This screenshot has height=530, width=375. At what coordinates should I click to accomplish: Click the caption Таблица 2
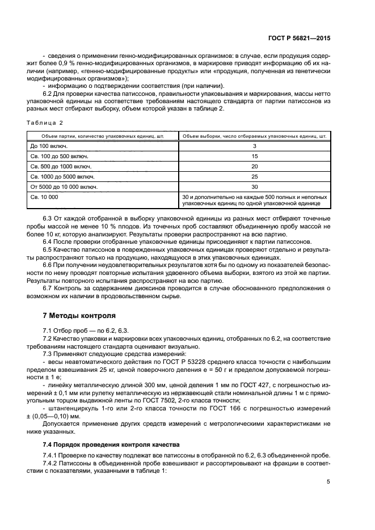tap(45, 122)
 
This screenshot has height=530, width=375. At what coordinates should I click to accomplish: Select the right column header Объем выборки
tap(254, 135)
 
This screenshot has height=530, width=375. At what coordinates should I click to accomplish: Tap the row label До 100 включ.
tap(47, 146)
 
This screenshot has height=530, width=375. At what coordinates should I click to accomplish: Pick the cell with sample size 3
tap(254, 146)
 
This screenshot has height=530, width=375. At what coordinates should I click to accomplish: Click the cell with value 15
tap(254, 156)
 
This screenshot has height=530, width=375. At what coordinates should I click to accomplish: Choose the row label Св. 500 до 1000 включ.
tap(60, 166)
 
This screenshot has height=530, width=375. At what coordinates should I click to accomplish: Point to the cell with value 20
tap(254, 166)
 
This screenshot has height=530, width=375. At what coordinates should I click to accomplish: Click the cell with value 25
tap(254, 176)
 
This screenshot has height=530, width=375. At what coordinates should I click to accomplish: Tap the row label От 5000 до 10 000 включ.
tap(64, 186)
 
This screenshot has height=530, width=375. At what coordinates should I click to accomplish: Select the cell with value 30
tap(254, 186)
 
